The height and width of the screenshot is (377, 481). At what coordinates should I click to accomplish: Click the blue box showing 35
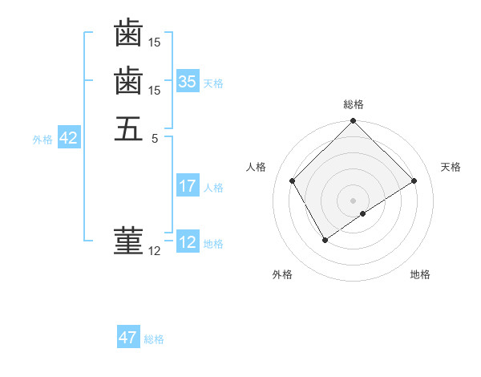tap(188, 81)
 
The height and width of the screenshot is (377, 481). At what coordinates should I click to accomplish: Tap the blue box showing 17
tap(188, 186)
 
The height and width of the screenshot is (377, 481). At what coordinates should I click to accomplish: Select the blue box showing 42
tap(68, 138)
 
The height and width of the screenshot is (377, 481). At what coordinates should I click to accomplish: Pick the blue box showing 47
tap(128, 338)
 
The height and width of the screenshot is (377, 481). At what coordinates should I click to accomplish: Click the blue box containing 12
tap(188, 242)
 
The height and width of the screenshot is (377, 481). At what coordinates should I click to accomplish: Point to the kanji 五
tap(128, 128)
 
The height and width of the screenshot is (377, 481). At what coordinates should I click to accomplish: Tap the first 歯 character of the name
tap(128, 34)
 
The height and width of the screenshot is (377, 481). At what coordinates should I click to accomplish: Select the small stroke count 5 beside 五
tap(154, 138)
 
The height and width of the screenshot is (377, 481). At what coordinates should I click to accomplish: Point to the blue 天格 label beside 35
tap(213, 83)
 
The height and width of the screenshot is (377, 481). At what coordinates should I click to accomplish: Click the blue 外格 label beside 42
tap(42, 140)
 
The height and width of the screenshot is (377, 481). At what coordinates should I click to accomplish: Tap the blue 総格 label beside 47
tap(154, 339)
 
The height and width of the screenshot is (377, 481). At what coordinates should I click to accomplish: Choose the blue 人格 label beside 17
tap(213, 188)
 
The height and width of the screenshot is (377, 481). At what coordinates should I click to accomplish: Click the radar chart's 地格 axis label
tap(420, 274)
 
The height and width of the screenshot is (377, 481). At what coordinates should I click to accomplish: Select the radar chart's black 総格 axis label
tap(353, 104)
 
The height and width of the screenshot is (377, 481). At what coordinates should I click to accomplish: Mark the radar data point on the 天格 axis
tap(414, 181)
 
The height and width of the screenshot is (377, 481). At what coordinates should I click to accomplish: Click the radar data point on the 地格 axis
tap(363, 213)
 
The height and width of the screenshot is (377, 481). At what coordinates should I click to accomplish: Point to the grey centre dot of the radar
tap(353, 200)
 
